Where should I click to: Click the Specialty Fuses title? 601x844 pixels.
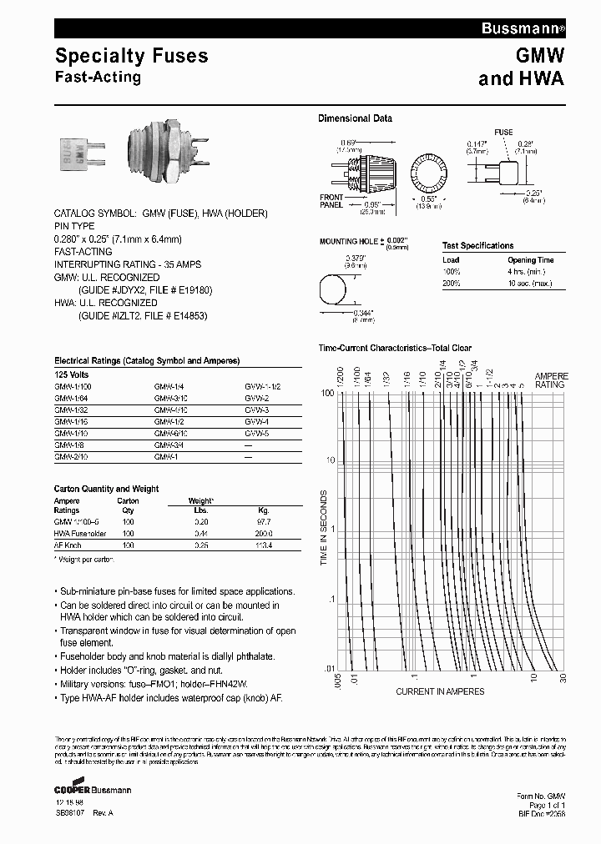131,57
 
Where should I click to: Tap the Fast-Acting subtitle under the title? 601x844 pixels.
98,78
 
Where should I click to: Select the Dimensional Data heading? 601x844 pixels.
355,118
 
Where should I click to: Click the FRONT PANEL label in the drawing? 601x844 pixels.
331,201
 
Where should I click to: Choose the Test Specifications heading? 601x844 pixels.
477,246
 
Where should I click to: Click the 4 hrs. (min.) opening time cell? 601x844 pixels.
530,272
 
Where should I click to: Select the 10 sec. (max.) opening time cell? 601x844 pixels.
530,284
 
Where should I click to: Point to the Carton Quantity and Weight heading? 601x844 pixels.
106,489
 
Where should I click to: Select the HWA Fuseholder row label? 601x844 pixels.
80,532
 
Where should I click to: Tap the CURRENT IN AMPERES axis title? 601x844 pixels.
439,691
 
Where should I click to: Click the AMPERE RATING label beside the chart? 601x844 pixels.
550,380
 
